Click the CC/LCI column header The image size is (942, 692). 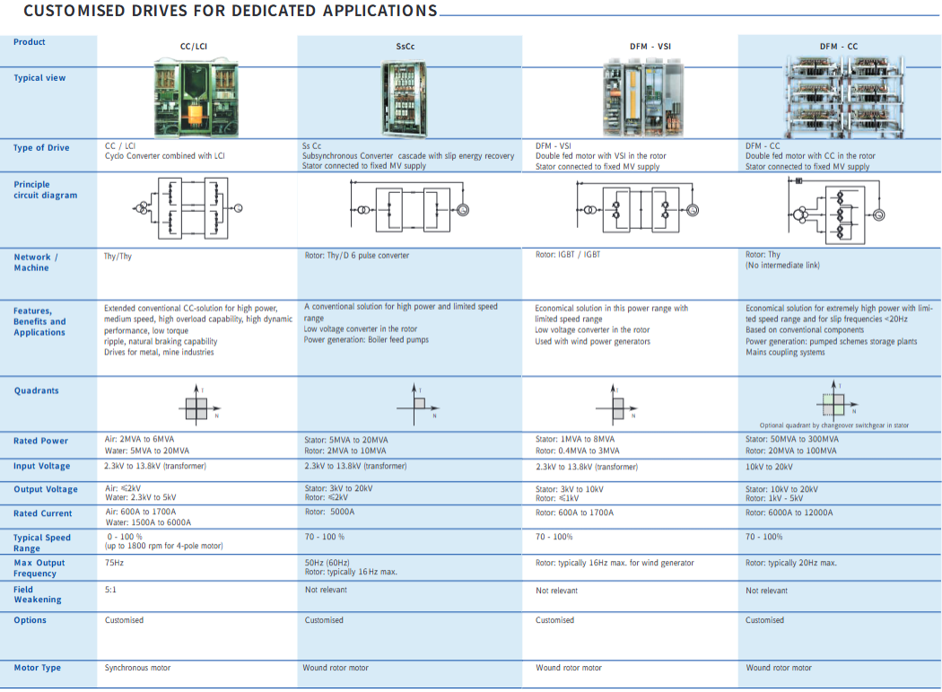pyautogui.click(x=194, y=46)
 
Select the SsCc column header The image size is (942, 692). pyautogui.click(x=406, y=46)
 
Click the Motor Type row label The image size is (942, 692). pyautogui.click(x=38, y=668)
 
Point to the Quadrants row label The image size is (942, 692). pyautogui.click(x=37, y=391)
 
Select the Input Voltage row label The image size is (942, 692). pyautogui.click(x=41, y=467)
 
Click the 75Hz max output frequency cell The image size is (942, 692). pyautogui.click(x=114, y=564)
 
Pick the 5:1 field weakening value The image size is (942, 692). pyautogui.click(x=111, y=591)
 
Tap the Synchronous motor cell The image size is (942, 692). pyautogui.click(x=137, y=668)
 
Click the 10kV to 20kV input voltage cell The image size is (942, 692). pyautogui.click(x=770, y=467)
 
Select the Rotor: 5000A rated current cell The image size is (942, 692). pyautogui.click(x=329, y=512)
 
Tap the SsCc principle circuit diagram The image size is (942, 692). pyautogui.click(x=409, y=208)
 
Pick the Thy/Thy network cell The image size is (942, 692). pyautogui.click(x=118, y=257)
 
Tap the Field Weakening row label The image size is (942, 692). pyautogui.click(x=38, y=594)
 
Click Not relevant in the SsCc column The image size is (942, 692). pyautogui.click(x=326, y=591)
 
